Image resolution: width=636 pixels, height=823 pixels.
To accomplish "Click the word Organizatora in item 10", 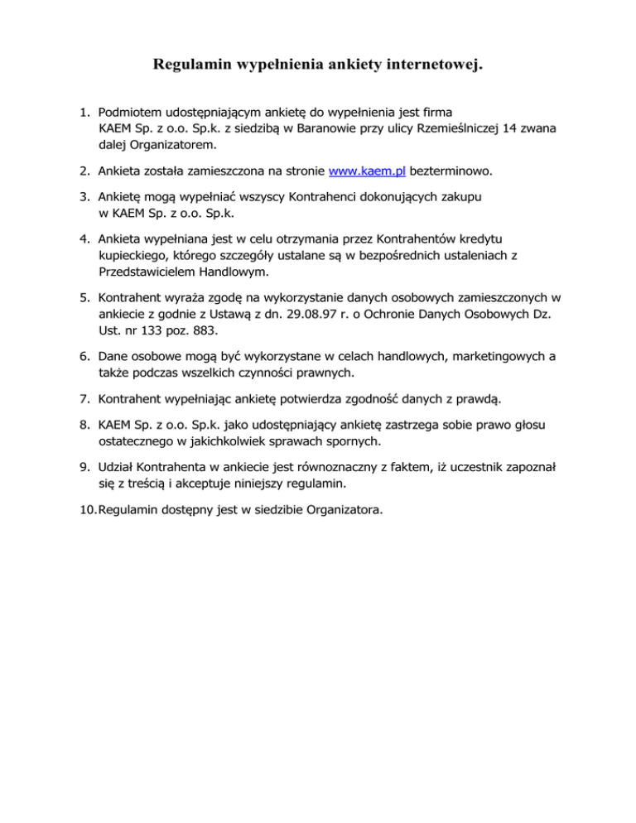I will [341, 510].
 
